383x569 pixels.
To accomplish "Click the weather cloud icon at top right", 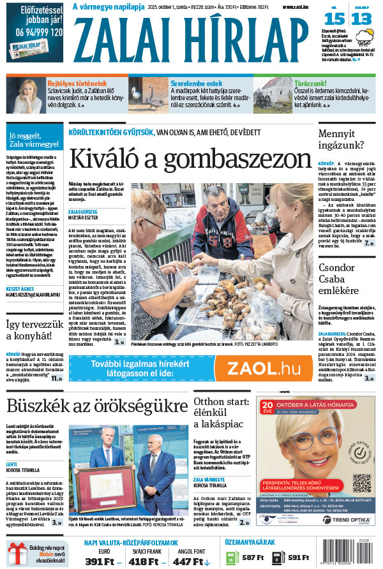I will coord(366,43).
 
